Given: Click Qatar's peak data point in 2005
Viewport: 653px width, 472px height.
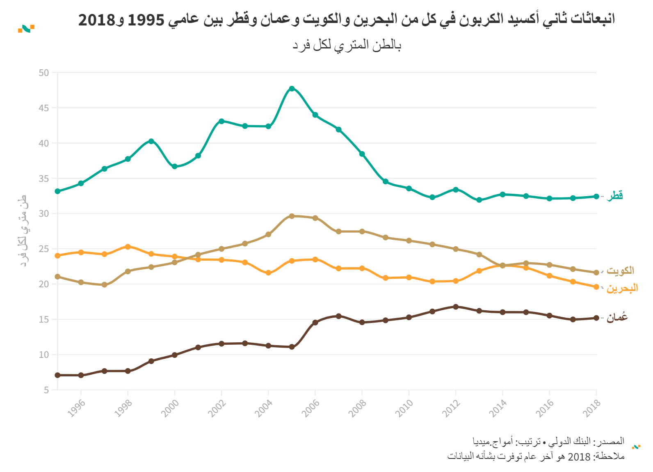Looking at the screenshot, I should pos(292,89).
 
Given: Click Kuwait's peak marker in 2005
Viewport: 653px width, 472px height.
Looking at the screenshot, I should pos(292,216).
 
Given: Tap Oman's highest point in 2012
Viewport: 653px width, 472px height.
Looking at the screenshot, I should pos(456,307).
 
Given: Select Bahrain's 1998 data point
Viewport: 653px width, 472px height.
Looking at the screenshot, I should pos(128,247).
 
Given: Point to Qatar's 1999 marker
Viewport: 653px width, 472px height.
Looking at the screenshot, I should pos(151,141).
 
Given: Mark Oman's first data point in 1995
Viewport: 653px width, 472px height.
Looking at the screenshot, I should pos(58,375).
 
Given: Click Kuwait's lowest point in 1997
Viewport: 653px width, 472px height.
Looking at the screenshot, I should pos(105,284).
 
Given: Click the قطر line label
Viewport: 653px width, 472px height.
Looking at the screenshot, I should pos(614,195).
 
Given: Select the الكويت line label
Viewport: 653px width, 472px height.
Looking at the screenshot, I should pos(620,271).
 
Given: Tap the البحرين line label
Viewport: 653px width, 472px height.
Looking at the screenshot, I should pos(622,288).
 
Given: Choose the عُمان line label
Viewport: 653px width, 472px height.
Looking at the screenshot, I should pos(617,317).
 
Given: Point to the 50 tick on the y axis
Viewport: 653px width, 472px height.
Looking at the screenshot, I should pos(44,73).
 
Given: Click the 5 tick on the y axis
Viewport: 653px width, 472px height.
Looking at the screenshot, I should pos(46,390).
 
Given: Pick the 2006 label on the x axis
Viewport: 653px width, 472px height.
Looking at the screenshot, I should pos(311,408).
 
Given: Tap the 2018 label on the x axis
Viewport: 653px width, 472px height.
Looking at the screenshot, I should pos(591,408).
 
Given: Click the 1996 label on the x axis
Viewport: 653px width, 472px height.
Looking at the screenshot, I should pos(77,408).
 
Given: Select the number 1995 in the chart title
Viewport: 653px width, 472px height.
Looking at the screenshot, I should pos(146,20).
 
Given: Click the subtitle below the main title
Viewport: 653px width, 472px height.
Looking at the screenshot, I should pos(347,45).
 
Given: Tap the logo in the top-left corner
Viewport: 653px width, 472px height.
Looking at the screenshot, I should pos(26,29).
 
